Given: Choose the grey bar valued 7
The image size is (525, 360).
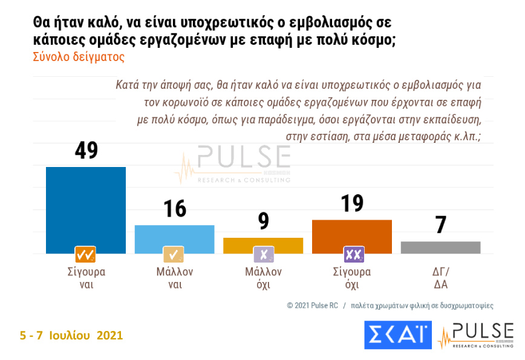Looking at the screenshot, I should [x=440, y=247].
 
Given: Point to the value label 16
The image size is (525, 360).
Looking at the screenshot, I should [x=174, y=209].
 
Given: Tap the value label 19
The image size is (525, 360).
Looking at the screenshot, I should [x=352, y=203].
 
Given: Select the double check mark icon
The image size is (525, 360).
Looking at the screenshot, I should [x=85, y=254].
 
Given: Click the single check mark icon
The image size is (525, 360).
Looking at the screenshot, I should [x=174, y=254].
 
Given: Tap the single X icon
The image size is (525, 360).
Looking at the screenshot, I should [x=263, y=254].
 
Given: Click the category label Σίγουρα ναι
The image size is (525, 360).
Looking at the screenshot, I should [x=85, y=278].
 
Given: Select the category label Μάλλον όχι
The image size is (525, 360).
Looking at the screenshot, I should [x=263, y=278].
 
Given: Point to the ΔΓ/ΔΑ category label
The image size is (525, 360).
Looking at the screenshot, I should [x=440, y=278].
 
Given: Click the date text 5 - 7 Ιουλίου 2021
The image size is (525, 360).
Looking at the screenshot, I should [x=71, y=335].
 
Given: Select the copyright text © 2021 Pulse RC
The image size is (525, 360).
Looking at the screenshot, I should [x=312, y=306].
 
